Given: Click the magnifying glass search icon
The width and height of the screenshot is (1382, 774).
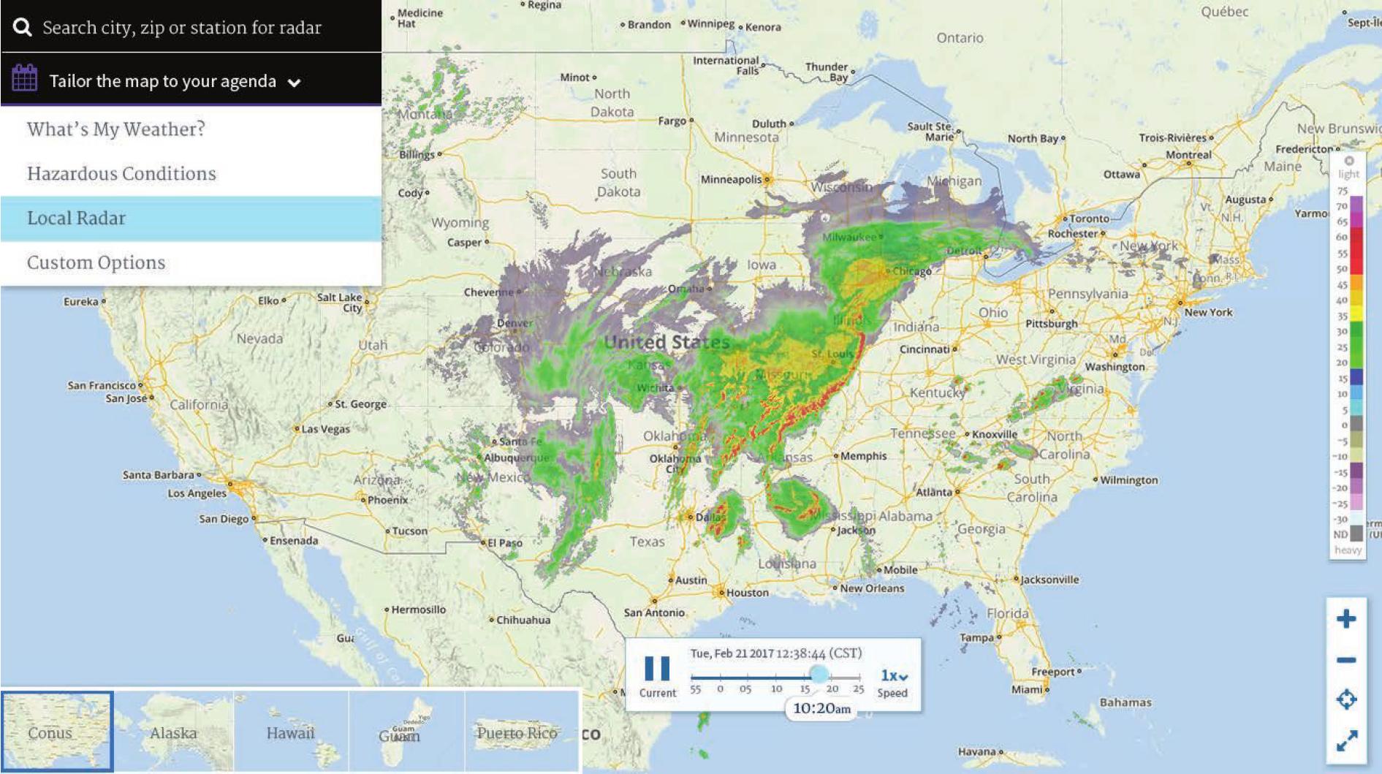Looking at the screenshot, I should pyautogui.click(x=23, y=28).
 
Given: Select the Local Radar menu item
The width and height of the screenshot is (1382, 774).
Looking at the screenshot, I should pyautogui.click(x=77, y=219).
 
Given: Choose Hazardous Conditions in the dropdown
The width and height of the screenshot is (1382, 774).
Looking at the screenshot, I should pyautogui.click(x=121, y=174).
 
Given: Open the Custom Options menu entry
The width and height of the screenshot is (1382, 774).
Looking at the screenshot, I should pyautogui.click(x=96, y=263).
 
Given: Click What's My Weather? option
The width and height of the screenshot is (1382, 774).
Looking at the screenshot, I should pyautogui.click(x=115, y=129).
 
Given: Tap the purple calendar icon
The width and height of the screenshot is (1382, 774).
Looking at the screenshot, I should pyautogui.click(x=25, y=78).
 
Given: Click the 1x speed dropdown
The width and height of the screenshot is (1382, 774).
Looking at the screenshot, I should pyautogui.click(x=893, y=676).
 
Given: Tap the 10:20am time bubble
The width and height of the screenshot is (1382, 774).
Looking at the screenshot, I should pyautogui.click(x=821, y=708).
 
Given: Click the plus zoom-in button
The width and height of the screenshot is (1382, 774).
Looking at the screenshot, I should pyautogui.click(x=1346, y=620).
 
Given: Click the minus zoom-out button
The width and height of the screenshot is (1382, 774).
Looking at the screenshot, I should pyautogui.click(x=1346, y=660).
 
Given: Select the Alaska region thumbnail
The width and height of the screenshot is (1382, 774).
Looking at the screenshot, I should pyautogui.click(x=174, y=732).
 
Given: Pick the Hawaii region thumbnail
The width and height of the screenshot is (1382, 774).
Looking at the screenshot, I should pyautogui.click(x=290, y=732).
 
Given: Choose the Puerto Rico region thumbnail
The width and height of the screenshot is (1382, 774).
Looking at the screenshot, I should pyautogui.click(x=517, y=732).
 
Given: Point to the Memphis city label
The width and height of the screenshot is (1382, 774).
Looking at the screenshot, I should pyautogui.click(x=863, y=456).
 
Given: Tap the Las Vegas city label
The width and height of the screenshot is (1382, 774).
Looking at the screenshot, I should pyautogui.click(x=325, y=429).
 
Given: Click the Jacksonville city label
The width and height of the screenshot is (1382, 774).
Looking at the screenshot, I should pyautogui.click(x=1049, y=580).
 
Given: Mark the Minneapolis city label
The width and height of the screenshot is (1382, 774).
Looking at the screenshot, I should pyautogui.click(x=731, y=179).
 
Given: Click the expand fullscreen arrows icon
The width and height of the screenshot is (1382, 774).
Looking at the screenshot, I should pyautogui.click(x=1346, y=741).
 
